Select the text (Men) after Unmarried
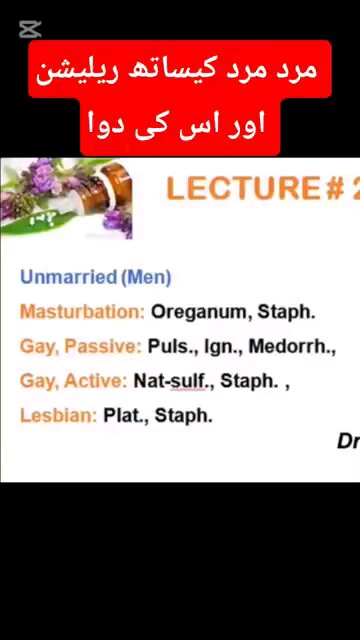(146, 278)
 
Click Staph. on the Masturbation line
(287, 312)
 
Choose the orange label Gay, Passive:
(81, 347)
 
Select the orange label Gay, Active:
(74, 381)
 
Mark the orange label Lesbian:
(58, 415)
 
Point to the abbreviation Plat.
(125, 415)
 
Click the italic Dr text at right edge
(347, 441)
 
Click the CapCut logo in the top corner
(30, 29)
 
